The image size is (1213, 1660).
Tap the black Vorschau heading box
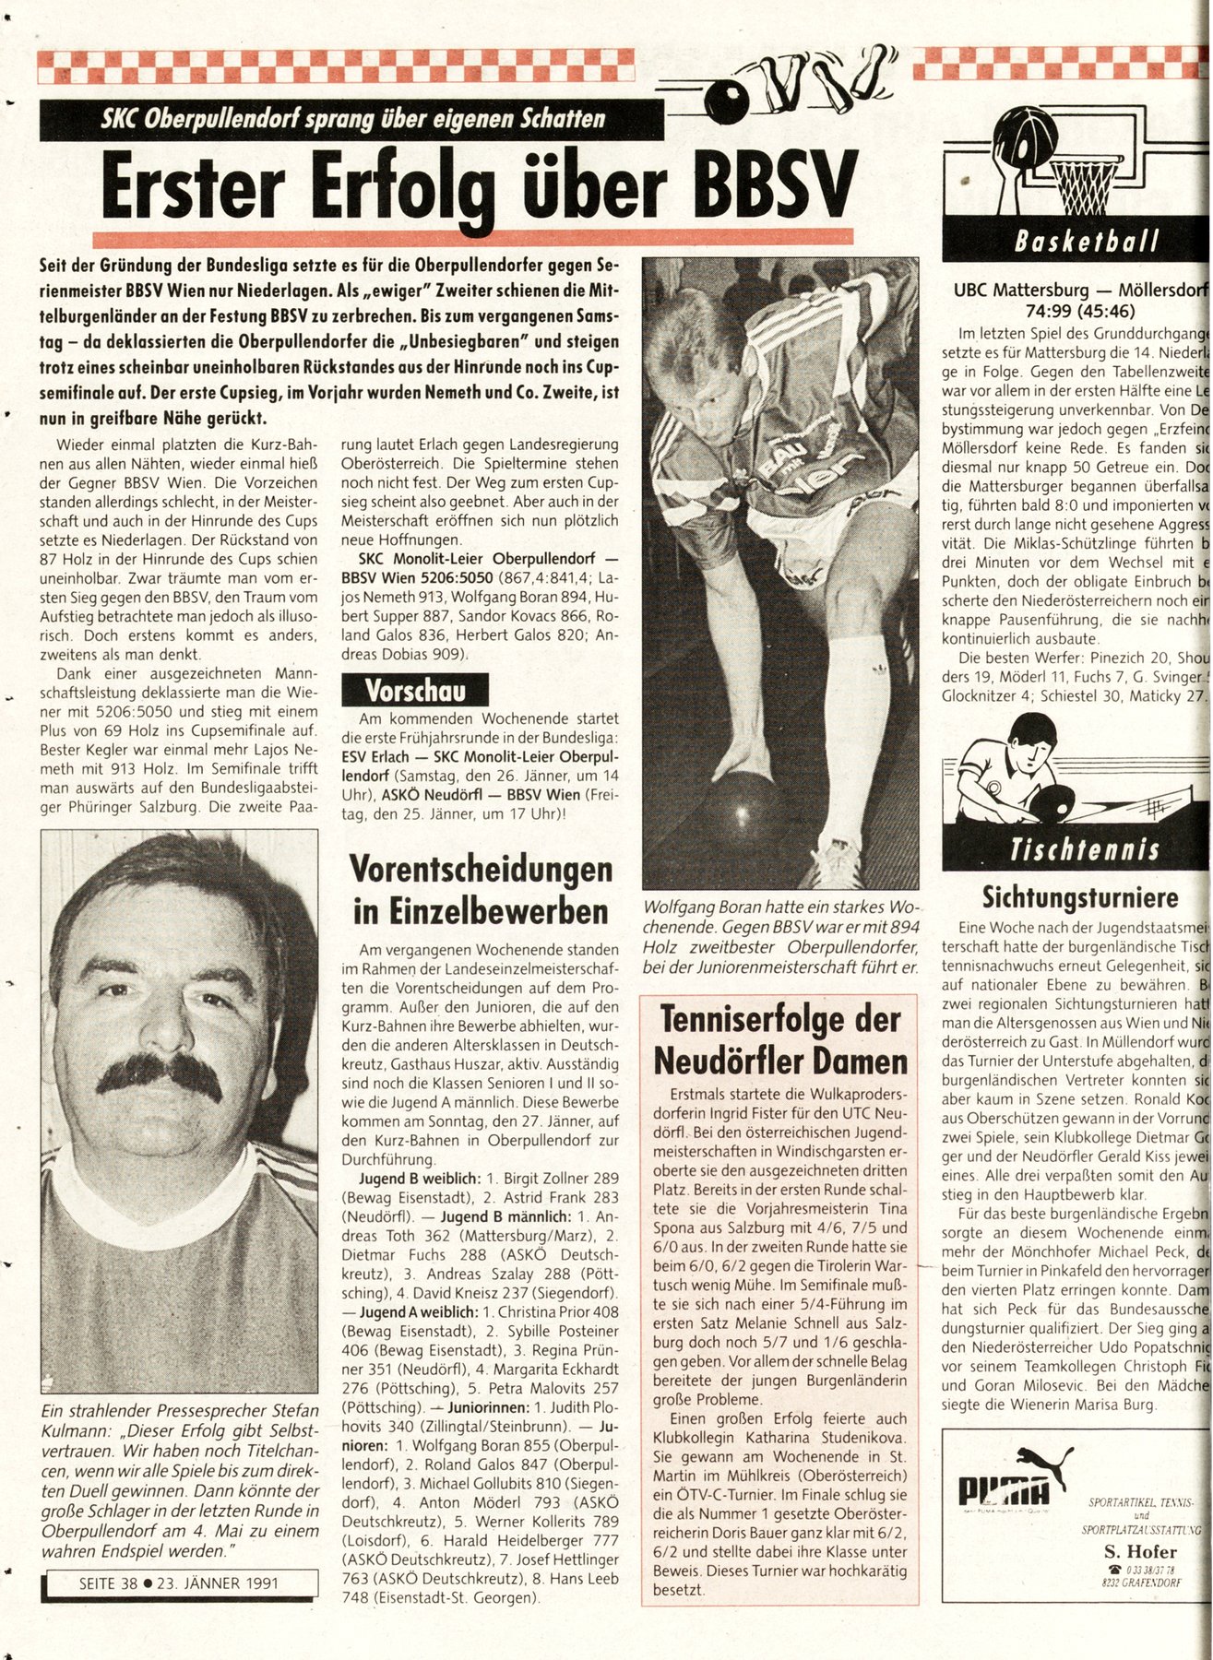pos(414,691)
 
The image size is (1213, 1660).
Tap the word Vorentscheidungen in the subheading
pos(480,871)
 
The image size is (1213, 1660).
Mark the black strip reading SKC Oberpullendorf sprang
pos(351,119)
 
